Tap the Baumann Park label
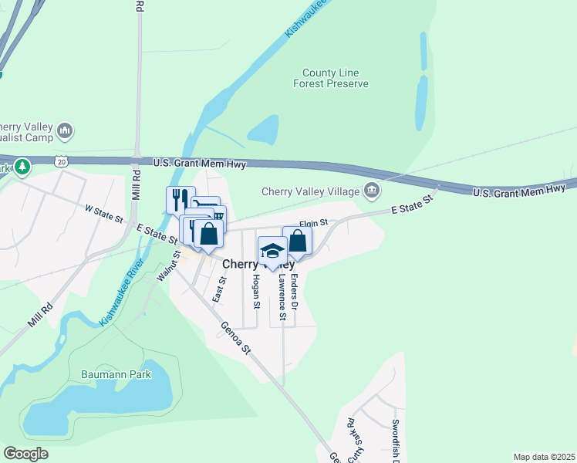pos(116,374)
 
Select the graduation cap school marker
pos(272,251)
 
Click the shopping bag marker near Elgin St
pos(297,241)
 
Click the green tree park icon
pos(23,166)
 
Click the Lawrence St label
pos(282,297)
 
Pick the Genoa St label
pos(236,337)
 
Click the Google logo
pos(26,453)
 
